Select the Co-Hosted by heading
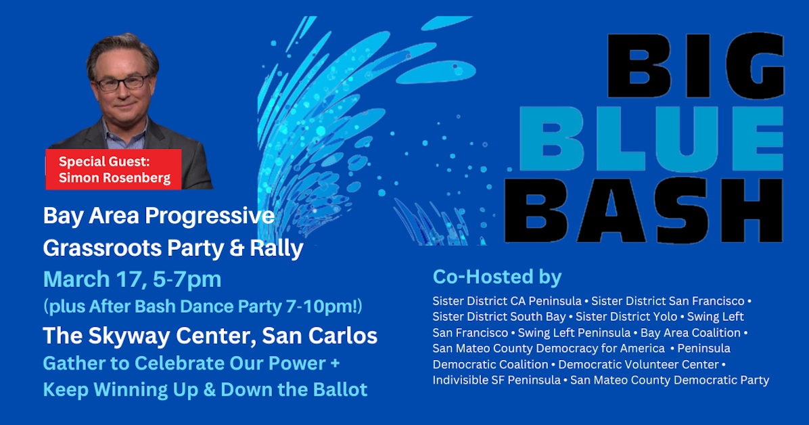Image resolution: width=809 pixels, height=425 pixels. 497,277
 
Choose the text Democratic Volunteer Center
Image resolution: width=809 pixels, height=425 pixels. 639,364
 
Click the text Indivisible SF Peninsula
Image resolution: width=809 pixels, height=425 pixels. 496,380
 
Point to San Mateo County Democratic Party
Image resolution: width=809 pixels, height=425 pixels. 670,380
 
